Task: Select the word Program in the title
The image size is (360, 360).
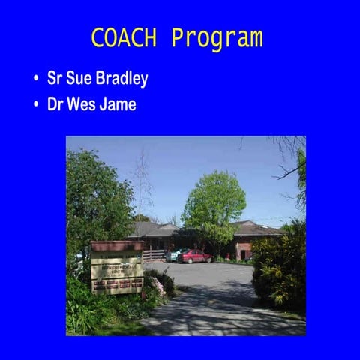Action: [x=217, y=39]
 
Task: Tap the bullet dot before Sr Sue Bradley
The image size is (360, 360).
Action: [x=36, y=79]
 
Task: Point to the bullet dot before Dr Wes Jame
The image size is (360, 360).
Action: [x=36, y=104]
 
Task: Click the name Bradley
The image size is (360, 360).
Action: [x=121, y=79]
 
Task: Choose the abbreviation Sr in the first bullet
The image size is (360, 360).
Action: [x=54, y=79]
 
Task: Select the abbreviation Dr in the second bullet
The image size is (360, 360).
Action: [x=55, y=104]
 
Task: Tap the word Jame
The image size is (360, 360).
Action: [x=118, y=104]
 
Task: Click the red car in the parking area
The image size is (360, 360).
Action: [x=194, y=256]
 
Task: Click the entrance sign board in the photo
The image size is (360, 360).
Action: [x=116, y=270]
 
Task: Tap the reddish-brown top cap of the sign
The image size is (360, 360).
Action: [x=116, y=245]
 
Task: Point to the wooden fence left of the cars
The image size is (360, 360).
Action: [x=153, y=254]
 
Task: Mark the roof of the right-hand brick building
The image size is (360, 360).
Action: [x=255, y=227]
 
